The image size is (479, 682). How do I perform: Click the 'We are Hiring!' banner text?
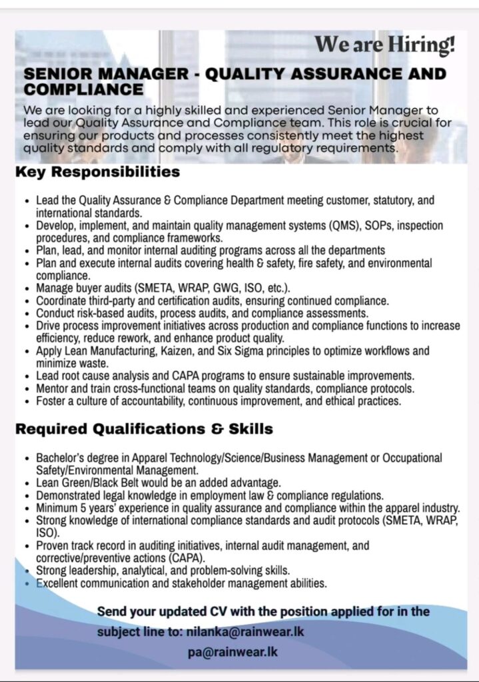pos(385,45)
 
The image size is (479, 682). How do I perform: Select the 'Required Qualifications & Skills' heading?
pos(144,429)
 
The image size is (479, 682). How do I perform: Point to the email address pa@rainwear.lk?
pos(232,652)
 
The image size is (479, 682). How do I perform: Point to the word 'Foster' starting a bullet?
pos(51,401)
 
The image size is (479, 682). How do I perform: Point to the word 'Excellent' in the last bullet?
pos(59,583)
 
